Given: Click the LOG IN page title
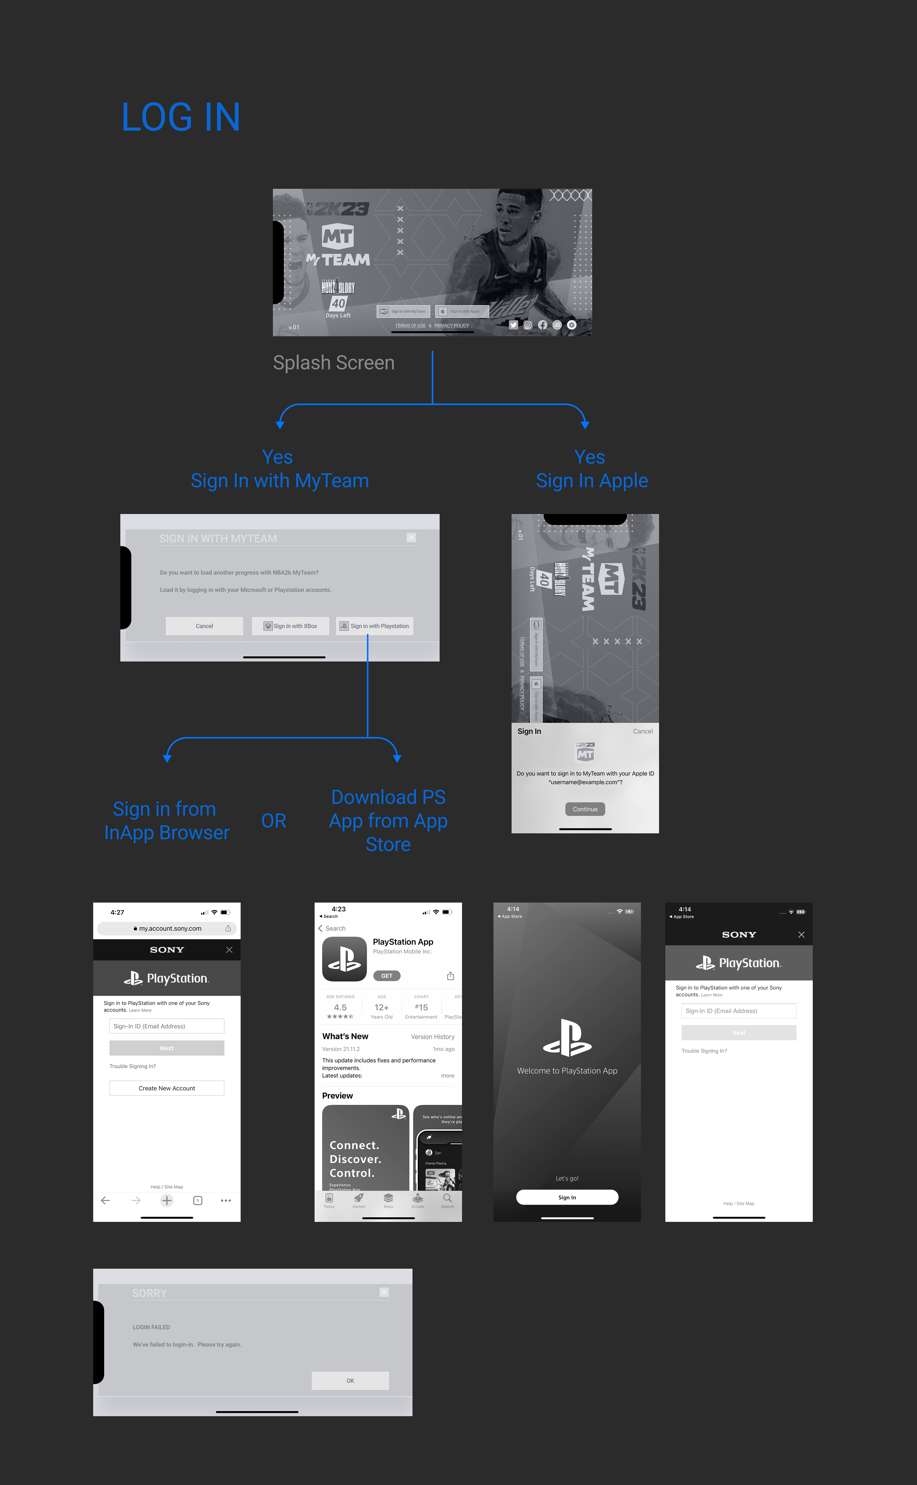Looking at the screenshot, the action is (x=181, y=117).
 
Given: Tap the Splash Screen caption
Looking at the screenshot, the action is (x=334, y=363).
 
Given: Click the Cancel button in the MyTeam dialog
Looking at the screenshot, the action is (x=204, y=626).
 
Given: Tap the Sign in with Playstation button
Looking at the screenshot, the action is (x=375, y=626).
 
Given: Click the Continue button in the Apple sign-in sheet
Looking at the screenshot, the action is (x=585, y=809).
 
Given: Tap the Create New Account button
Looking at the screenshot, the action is (x=167, y=1088).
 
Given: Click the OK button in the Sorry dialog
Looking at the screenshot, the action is (x=350, y=1380).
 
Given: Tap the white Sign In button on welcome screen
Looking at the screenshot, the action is (x=567, y=1197).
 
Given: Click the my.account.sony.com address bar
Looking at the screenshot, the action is (x=167, y=928).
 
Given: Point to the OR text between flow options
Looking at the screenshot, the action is (x=273, y=820).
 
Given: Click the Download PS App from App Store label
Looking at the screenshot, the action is (x=388, y=820).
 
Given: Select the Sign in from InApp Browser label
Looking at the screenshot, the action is (x=167, y=820).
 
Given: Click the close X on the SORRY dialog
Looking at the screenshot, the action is (x=384, y=1292).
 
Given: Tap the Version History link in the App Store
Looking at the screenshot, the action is (x=432, y=1036).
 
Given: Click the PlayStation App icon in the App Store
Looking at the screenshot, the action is (x=345, y=959).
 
